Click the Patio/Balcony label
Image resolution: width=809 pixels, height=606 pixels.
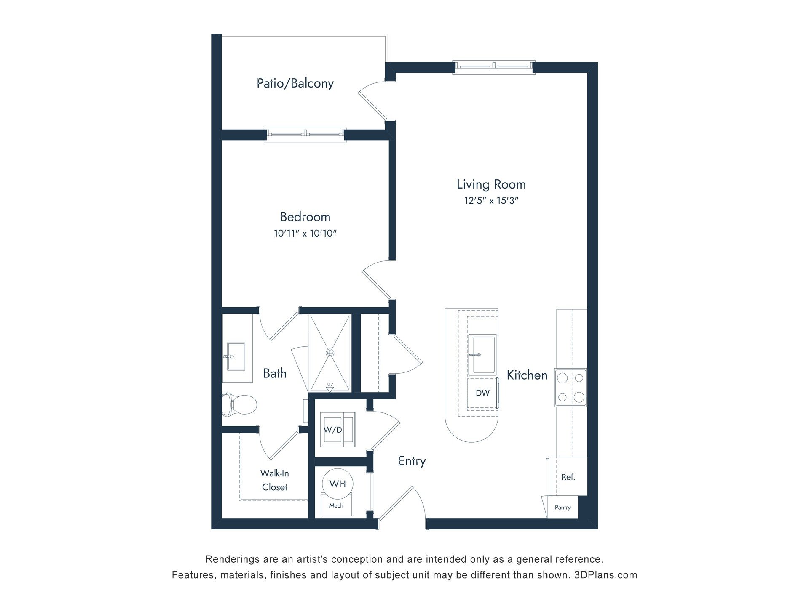click(295, 83)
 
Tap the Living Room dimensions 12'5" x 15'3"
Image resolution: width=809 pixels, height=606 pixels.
click(491, 201)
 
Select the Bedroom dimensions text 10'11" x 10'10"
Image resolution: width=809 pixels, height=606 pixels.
click(305, 233)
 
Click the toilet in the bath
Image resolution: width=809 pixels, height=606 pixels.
click(239, 405)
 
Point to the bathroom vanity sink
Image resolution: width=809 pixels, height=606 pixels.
click(236, 356)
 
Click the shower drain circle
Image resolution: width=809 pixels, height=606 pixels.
click(330, 353)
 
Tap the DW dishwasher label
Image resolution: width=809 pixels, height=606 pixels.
click(482, 393)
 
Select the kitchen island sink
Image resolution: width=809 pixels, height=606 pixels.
click(483, 354)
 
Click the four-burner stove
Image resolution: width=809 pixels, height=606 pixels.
click(570, 388)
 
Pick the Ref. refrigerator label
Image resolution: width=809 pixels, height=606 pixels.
click(568, 477)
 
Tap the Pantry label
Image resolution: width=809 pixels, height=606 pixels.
click(563, 508)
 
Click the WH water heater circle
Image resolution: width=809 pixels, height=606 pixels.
click(338, 484)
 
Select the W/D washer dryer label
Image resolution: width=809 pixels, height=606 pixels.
click(332, 430)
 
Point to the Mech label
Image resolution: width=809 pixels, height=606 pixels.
click(336, 505)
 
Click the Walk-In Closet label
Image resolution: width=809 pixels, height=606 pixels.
click(274, 480)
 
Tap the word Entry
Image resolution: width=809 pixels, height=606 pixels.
click(412, 461)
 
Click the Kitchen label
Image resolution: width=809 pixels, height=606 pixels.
click(527, 375)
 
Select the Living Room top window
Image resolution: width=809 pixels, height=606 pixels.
click(494, 67)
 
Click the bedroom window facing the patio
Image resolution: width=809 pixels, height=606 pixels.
click(305, 135)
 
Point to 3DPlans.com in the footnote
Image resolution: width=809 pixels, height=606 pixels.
click(606, 575)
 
